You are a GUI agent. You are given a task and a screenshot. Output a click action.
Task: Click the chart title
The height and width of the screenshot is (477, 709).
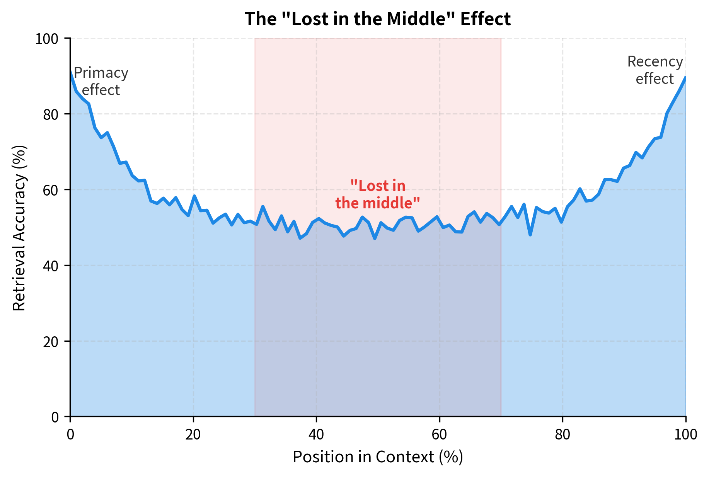[377, 19]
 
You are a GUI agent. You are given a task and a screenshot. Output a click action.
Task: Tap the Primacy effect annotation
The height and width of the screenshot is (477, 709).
[101, 81]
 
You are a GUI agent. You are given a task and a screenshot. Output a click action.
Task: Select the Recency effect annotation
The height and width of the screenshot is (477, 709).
[655, 70]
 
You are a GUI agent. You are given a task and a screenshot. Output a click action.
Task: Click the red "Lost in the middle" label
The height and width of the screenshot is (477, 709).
[377, 194]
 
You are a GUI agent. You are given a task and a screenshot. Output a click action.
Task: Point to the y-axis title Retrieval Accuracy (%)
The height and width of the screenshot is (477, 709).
[19, 228]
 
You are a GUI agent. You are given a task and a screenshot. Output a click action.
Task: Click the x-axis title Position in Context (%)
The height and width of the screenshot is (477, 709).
[377, 457]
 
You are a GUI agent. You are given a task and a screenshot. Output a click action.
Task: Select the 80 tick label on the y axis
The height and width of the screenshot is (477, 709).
[50, 114]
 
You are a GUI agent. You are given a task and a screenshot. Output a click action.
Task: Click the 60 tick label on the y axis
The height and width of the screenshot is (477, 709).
[50, 190]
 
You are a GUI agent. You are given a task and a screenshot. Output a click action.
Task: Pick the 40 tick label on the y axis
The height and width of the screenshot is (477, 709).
[50, 266]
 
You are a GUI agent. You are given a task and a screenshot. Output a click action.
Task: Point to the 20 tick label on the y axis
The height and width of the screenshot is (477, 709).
[50, 341]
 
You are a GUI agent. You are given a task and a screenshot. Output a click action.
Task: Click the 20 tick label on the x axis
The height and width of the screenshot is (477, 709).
[193, 435]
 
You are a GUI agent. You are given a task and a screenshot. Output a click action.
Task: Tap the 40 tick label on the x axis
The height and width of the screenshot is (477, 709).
[316, 435]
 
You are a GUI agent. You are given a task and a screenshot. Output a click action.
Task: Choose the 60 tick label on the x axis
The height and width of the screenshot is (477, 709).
[439, 435]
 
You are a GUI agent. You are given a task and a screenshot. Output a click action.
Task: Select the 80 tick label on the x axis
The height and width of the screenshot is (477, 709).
[562, 435]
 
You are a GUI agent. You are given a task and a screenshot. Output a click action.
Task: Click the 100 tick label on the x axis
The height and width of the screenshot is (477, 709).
[685, 435]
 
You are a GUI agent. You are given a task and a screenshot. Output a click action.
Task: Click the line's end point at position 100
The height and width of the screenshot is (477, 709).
[685, 77]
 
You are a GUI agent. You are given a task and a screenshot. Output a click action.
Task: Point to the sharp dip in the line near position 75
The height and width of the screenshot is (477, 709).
[530, 235]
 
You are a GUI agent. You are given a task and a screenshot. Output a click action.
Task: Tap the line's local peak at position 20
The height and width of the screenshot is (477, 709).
[194, 196]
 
